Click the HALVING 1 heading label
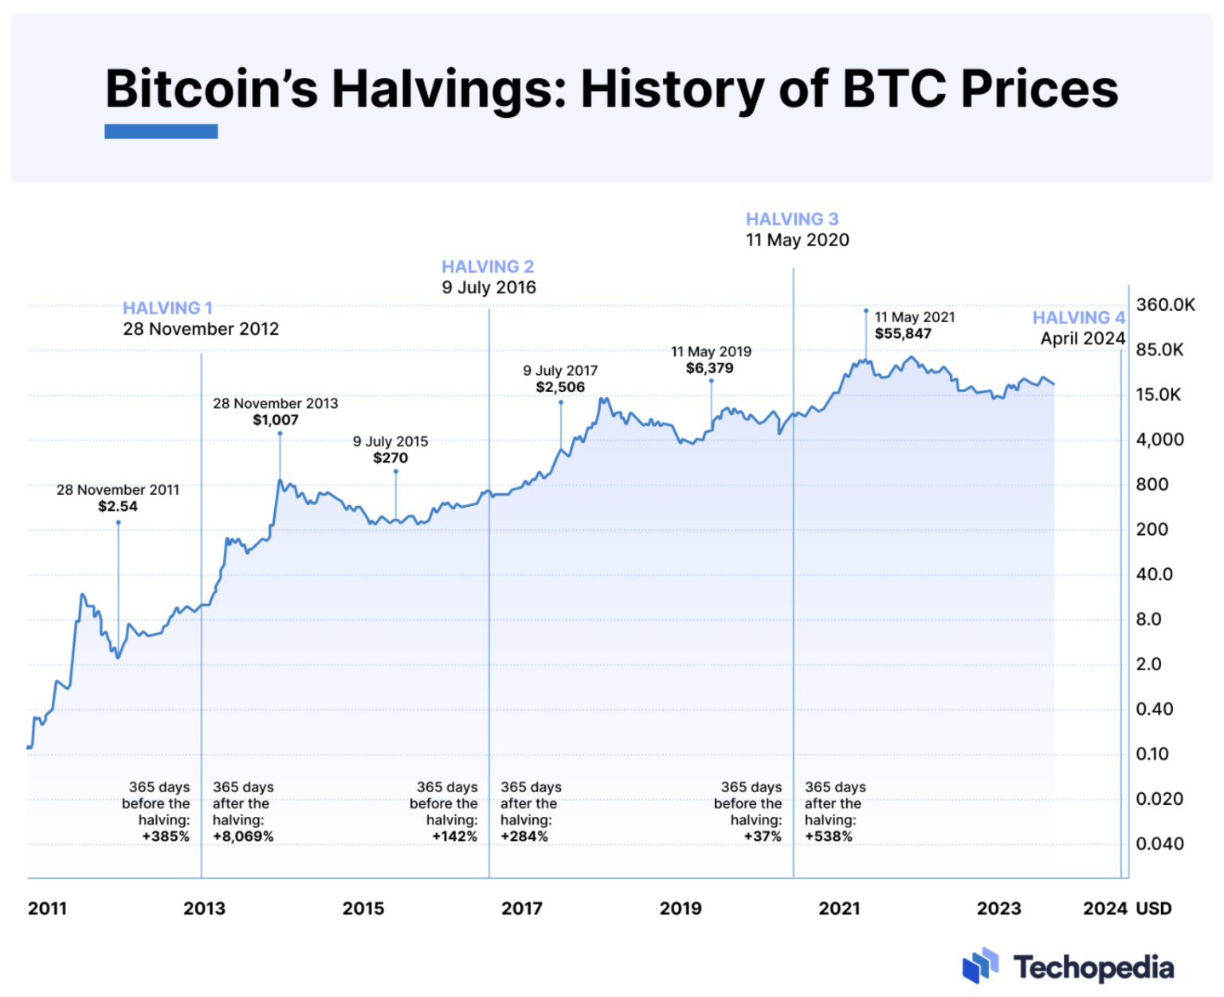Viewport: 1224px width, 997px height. [167, 308]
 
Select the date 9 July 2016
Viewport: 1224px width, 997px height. [488, 288]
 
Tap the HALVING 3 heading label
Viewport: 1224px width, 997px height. [791, 219]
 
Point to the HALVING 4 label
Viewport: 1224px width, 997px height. [1078, 317]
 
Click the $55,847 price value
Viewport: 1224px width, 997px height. [902, 334]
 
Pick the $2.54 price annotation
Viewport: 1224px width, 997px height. [118, 507]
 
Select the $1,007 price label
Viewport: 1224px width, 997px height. [276, 420]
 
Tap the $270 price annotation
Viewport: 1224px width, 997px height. [390, 458]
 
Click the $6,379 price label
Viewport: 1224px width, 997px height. [709, 368]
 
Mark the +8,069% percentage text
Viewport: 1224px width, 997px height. [243, 837]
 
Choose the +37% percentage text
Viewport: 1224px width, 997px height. [763, 837]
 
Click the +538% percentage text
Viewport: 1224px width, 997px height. [829, 837]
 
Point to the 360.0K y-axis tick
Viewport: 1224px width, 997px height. [1165, 304]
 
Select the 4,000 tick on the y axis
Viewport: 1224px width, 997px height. [1159, 440]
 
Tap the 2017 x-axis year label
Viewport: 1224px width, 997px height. [521, 909]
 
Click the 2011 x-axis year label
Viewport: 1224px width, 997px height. [47, 909]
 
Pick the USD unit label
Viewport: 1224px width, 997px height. [1153, 909]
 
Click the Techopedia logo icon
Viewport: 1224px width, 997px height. [980, 966]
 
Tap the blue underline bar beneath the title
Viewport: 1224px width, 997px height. [161, 131]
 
